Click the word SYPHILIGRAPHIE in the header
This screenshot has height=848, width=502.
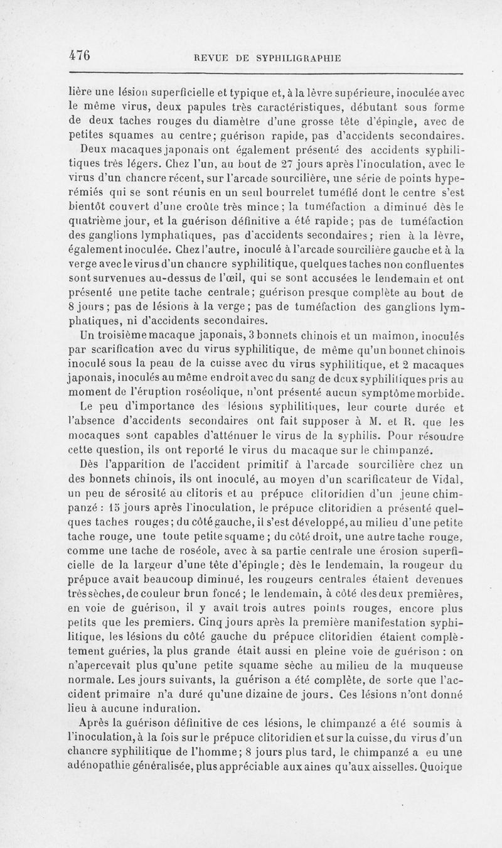(x=298, y=58)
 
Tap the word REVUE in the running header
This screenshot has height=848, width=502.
(x=211, y=58)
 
